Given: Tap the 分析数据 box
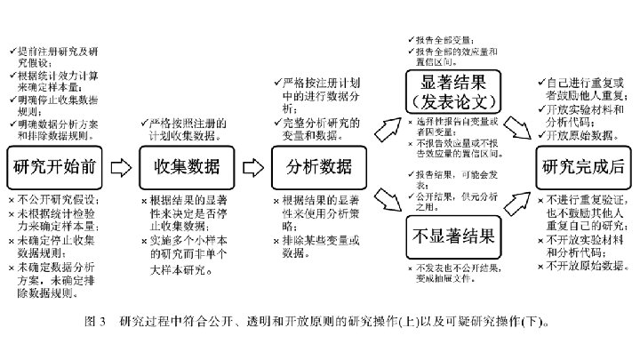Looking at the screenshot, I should pyautogui.click(x=317, y=166).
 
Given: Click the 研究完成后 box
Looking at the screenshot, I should pyautogui.click(x=580, y=166).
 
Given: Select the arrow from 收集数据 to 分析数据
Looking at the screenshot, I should pyautogui.click(x=254, y=166).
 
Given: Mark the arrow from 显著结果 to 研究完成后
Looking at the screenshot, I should pyautogui.click(x=520, y=130).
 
